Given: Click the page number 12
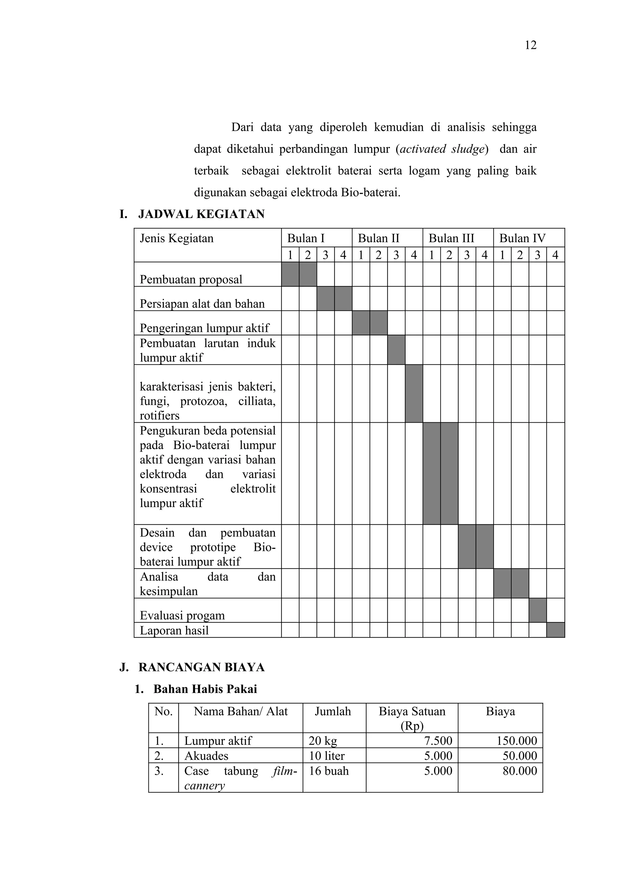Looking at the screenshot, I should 530,46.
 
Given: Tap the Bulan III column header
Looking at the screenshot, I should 451,238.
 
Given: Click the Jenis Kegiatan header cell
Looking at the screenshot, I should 177,238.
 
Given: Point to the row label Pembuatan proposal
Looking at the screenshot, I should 191,279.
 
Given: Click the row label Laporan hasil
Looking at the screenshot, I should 174,630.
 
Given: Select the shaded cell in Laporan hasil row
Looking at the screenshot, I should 555,630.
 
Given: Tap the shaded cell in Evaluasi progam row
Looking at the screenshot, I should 538,610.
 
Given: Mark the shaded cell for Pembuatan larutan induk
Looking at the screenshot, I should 396,350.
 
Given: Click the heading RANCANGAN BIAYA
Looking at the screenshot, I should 201,667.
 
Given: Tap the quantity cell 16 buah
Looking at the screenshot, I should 329,770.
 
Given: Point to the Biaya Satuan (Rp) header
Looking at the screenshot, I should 412,718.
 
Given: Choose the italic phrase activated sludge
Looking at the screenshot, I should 442,149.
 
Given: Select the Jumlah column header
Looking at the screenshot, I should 333,711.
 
